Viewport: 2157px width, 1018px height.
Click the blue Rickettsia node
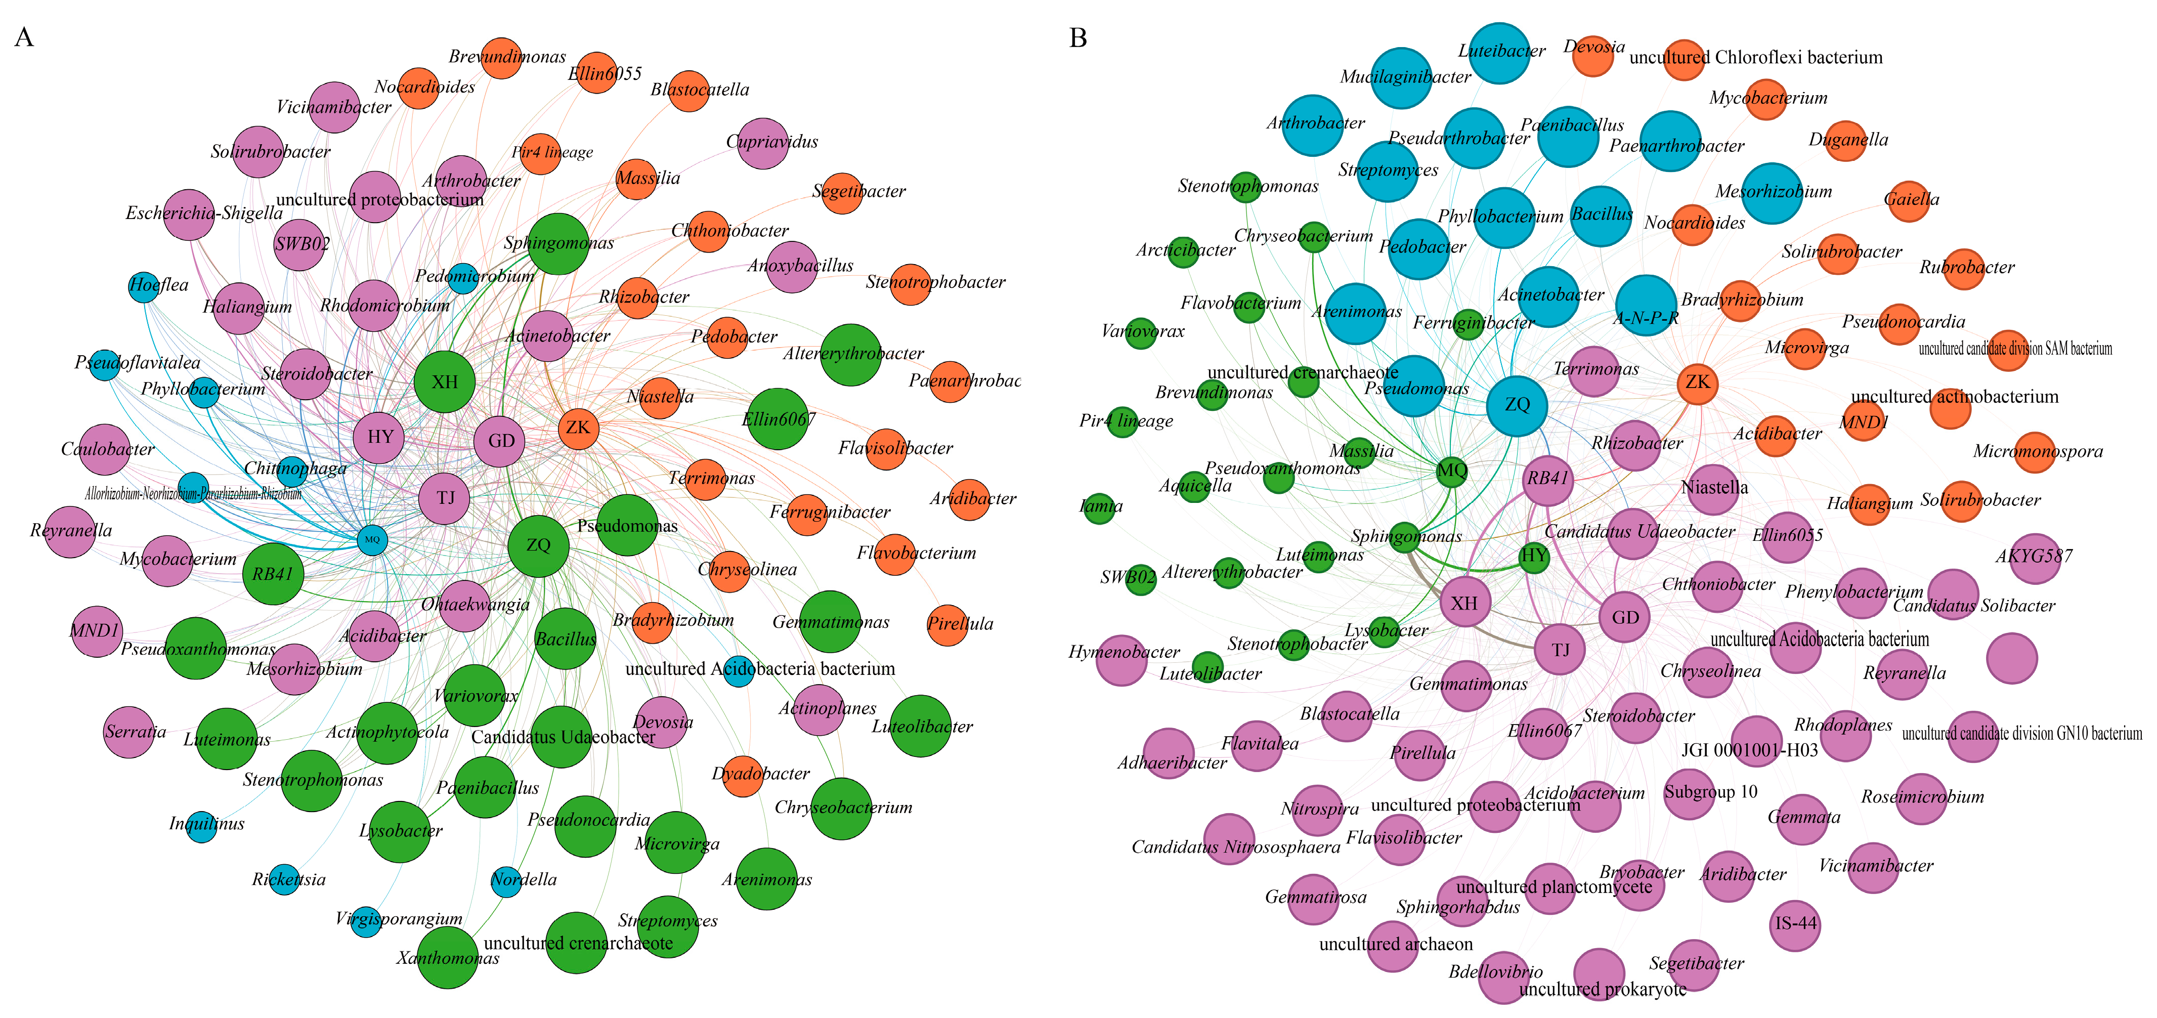[x=285, y=879]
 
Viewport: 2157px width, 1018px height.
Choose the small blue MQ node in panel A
[x=373, y=540]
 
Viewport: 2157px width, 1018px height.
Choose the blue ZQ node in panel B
[x=1517, y=405]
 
